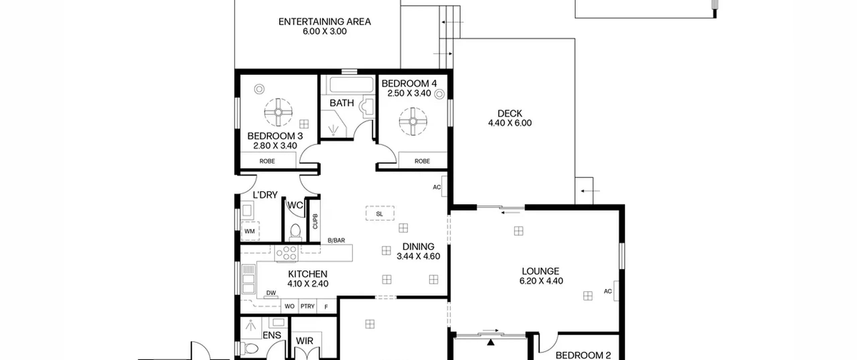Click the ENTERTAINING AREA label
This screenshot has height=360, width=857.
click(324, 22)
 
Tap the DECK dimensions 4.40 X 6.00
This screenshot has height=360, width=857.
click(510, 123)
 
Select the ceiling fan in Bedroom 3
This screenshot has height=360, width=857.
click(278, 112)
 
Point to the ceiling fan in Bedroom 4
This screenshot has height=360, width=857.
click(413, 121)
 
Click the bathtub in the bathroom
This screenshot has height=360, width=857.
click(351, 85)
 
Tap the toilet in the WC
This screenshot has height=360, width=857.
click(295, 232)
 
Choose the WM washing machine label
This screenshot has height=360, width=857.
click(249, 231)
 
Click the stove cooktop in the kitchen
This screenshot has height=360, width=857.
click(286, 253)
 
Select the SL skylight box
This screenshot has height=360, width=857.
click(380, 213)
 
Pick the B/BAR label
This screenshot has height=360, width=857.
click(336, 240)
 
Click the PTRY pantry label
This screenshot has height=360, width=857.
click(307, 306)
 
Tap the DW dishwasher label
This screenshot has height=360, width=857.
click(271, 293)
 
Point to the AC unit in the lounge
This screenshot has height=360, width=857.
click(616, 291)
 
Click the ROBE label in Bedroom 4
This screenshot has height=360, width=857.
click(422, 161)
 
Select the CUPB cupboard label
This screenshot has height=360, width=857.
click(315, 221)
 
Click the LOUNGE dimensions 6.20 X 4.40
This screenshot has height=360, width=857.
click(541, 281)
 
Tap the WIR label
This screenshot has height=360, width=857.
click(304, 341)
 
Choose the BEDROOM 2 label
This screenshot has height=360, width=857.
click(583, 355)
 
